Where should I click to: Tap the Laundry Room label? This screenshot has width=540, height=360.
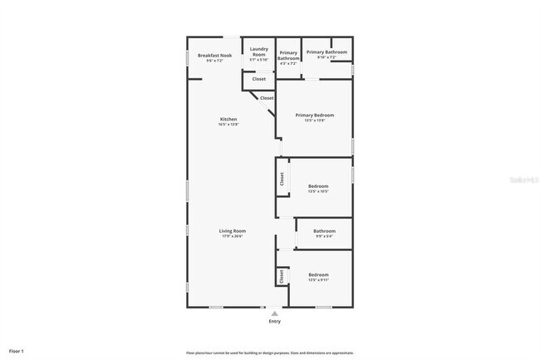(x=258, y=52)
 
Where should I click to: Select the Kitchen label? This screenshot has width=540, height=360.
(x=228, y=119)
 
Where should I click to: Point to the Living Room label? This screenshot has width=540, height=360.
(x=233, y=230)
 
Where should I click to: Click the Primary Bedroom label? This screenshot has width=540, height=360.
(x=314, y=115)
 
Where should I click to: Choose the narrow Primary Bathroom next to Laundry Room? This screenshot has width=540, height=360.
(x=288, y=55)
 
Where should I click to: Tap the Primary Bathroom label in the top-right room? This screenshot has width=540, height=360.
(x=326, y=52)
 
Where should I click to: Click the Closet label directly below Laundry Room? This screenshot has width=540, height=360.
(x=259, y=79)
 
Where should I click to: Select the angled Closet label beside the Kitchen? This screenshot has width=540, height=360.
(x=267, y=98)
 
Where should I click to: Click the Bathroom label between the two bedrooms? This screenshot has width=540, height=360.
(x=324, y=230)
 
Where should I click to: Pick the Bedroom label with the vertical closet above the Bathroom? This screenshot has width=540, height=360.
(x=319, y=185)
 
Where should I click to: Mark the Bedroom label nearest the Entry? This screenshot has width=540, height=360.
(x=319, y=274)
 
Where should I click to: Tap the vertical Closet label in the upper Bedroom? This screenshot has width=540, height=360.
(x=282, y=178)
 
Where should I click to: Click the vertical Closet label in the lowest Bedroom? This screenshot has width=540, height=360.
(x=282, y=277)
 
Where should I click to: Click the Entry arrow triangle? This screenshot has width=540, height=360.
(x=275, y=313)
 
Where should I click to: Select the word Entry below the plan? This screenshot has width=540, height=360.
(x=275, y=321)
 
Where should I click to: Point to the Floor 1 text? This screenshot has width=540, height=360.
(x=17, y=352)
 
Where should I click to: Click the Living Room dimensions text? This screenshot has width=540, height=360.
(x=233, y=236)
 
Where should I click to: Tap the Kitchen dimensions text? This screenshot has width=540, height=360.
(x=228, y=124)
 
